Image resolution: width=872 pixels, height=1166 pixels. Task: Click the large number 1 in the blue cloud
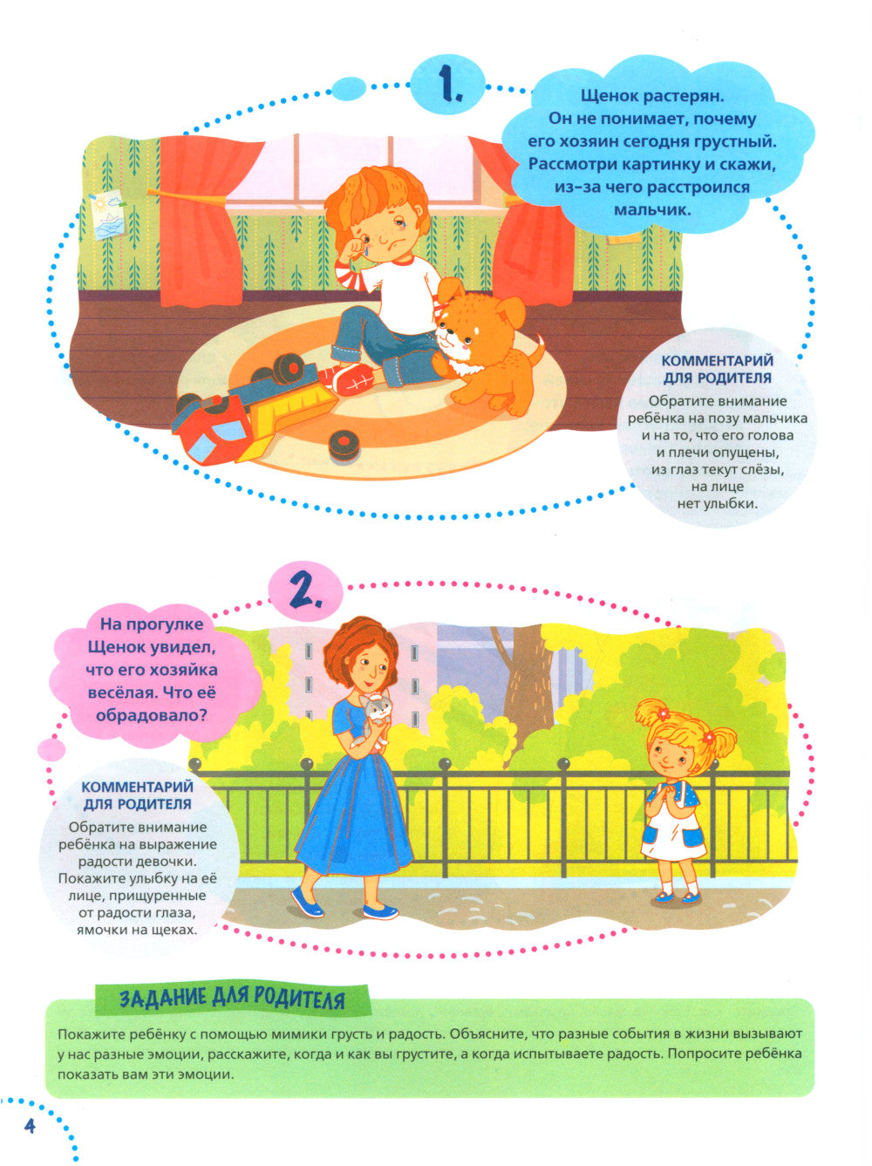click(x=449, y=85)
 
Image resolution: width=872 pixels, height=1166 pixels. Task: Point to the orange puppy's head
click(x=467, y=319)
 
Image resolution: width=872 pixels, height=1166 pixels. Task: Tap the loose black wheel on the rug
click(x=344, y=444)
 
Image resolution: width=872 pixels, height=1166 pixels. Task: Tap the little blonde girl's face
click(x=676, y=753)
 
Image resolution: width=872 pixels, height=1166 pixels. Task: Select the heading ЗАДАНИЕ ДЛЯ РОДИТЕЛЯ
click(x=232, y=999)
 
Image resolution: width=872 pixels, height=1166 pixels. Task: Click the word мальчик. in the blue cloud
click(x=652, y=209)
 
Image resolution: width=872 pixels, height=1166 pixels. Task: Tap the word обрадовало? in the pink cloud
click(x=151, y=715)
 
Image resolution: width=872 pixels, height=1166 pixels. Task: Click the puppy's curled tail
click(x=537, y=350)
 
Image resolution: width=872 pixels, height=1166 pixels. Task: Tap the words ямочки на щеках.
click(x=136, y=929)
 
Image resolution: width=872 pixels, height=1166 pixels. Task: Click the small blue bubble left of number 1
click(x=349, y=88)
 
